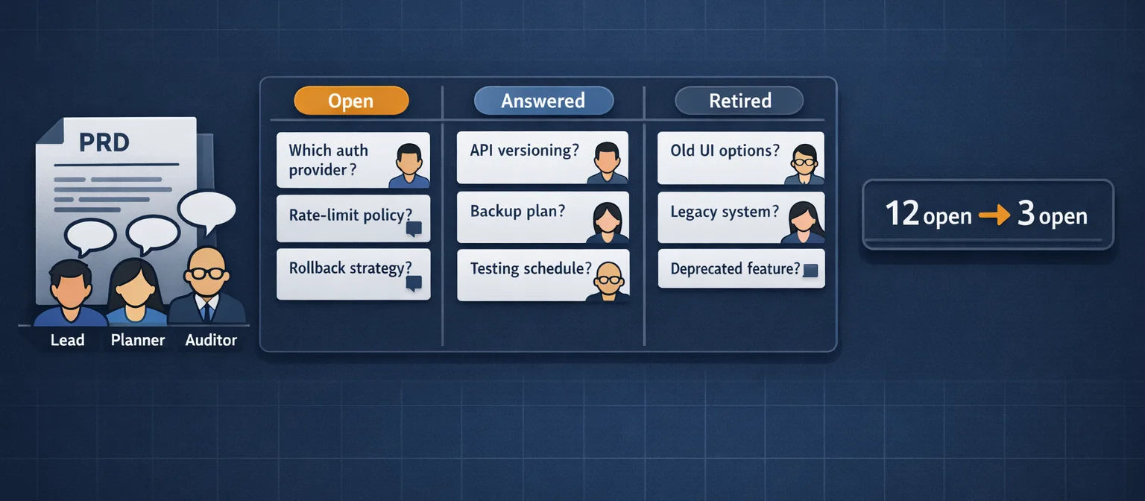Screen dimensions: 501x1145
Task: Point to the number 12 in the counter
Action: click(x=902, y=214)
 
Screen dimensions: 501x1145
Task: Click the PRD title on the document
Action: click(x=104, y=142)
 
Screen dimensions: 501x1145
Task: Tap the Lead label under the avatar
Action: click(x=67, y=341)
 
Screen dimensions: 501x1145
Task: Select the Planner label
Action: click(x=137, y=341)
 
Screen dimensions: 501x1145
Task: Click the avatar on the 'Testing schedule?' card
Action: click(x=609, y=282)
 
